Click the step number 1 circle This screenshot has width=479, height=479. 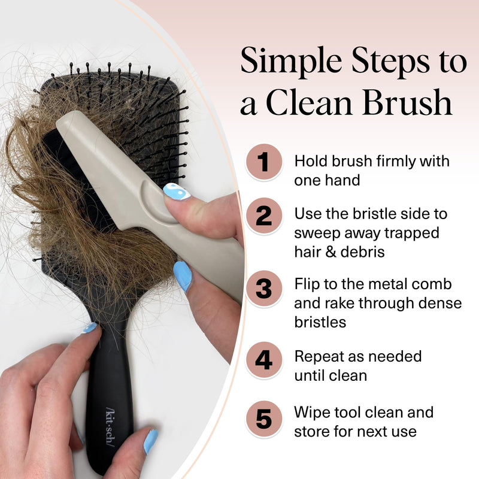[x=263, y=162]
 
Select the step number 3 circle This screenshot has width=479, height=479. [x=263, y=289]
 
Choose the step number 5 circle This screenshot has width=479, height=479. [x=263, y=419]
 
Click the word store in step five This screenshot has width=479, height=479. [x=312, y=431]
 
